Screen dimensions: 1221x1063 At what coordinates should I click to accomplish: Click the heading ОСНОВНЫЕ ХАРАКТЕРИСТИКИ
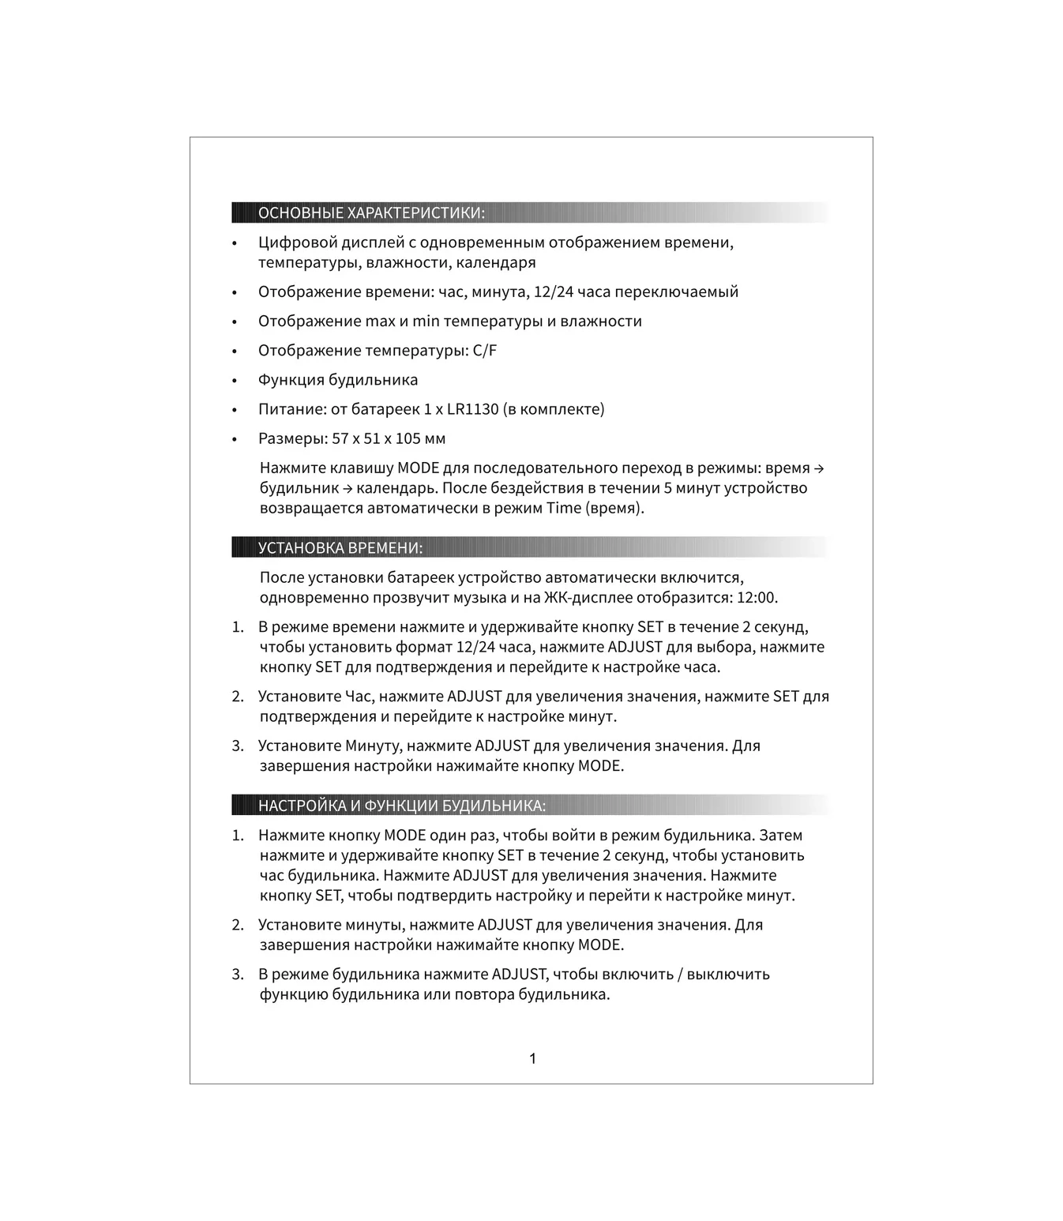pyautogui.click(x=371, y=213)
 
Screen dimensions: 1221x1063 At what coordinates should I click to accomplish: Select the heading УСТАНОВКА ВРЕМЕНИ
pyautogui.click(x=340, y=548)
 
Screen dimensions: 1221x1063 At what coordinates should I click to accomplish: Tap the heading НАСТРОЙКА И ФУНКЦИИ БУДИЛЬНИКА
pyautogui.click(x=402, y=806)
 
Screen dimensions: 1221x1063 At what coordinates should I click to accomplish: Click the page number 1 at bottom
pyautogui.click(x=533, y=1058)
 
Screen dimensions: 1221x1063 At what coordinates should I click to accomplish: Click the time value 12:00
pyautogui.click(x=756, y=598)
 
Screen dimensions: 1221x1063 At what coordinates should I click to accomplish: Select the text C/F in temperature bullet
pyautogui.click(x=485, y=351)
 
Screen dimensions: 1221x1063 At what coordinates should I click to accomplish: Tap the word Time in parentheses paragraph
pyautogui.click(x=564, y=508)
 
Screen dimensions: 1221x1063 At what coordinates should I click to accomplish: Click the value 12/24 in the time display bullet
pyautogui.click(x=554, y=292)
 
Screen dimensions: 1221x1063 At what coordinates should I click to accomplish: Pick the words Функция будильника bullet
pyautogui.click(x=338, y=380)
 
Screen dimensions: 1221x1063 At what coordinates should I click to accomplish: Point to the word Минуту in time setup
pyautogui.click(x=374, y=746)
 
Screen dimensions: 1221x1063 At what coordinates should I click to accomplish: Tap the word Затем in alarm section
pyautogui.click(x=781, y=836)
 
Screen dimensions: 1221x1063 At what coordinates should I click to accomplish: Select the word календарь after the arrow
pyautogui.click(x=393, y=488)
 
